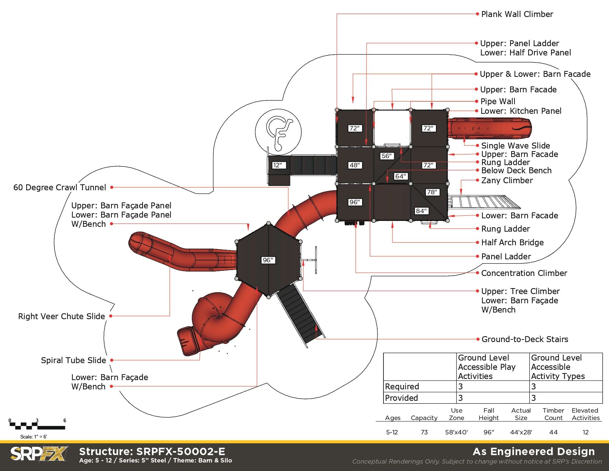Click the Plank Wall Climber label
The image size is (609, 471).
coord(517,14)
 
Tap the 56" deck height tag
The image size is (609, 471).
coord(386,156)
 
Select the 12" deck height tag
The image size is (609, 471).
coord(278,165)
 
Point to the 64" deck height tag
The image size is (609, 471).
coord(401,176)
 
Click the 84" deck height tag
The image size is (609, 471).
coord(422,211)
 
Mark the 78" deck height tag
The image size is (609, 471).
coord(432,192)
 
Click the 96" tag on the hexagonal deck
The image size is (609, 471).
coord(268,260)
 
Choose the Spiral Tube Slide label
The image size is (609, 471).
coord(73,360)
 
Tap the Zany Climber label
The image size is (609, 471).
coord(507,180)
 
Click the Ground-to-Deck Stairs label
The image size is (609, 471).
coord(524,339)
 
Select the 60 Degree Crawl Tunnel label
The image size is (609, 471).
coord(59,187)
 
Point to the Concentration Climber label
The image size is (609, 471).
coord(524,273)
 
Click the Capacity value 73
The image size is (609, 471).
coord(424,432)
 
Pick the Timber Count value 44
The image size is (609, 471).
coord(553,432)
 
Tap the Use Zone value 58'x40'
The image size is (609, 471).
coord(456,432)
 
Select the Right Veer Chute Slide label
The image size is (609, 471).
coord(62,316)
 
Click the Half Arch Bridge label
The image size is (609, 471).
coord(512,242)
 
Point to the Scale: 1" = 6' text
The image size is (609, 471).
coord(34,437)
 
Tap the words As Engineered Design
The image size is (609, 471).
coord(534,451)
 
